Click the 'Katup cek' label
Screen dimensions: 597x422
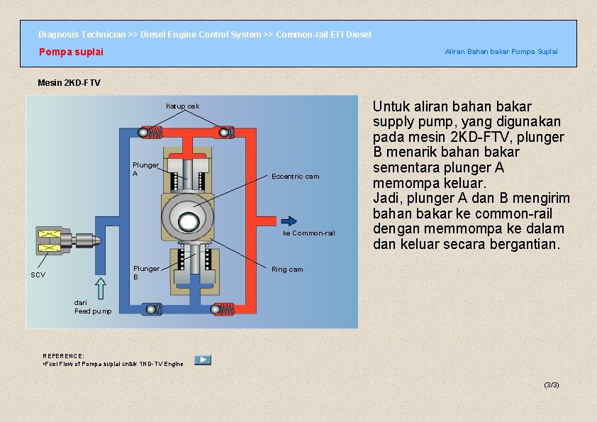coord(182,106)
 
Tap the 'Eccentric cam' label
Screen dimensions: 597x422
coord(295,177)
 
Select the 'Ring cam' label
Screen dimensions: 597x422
coord(287,270)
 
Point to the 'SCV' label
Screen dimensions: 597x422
coord(38,274)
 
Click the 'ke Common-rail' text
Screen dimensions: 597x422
coord(308,233)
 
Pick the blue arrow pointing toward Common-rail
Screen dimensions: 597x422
coord(288,220)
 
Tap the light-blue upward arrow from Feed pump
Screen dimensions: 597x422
coord(100,288)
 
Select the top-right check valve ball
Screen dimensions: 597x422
coord(224,133)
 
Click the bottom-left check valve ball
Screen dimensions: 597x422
coord(149,309)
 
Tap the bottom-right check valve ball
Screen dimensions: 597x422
coord(216,309)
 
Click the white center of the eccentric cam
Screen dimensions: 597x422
coord(188,221)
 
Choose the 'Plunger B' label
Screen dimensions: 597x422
coord(147,272)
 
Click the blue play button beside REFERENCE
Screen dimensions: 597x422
coord(203,360)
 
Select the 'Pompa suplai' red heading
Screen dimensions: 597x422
coord(71,52)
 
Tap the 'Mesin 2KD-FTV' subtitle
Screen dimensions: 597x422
coord(69,83)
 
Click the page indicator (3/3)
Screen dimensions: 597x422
coord(551,384)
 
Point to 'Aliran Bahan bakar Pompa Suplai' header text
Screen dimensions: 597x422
coord(501,51)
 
